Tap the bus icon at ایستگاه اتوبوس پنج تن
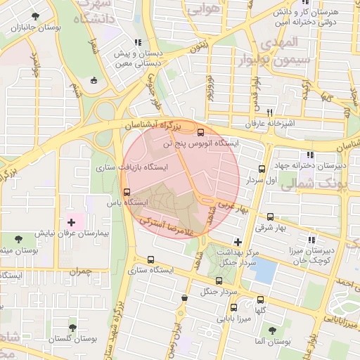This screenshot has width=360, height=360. pyautogui.click(x=202, y=131)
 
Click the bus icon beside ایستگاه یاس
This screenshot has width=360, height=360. pyautogui.click(x=127, y=191)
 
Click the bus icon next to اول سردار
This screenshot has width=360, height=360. pyautogui.click(x=262, y=169)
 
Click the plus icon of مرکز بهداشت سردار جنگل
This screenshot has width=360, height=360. pyautogui.click(x=238, y=242)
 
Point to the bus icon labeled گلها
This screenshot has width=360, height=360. pyautogui.click(x=260, y=300)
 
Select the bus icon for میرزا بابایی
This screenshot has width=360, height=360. pyautogui.click(x=233, y=307)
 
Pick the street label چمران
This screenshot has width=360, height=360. pyautogui.click(x=82, y=270)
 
